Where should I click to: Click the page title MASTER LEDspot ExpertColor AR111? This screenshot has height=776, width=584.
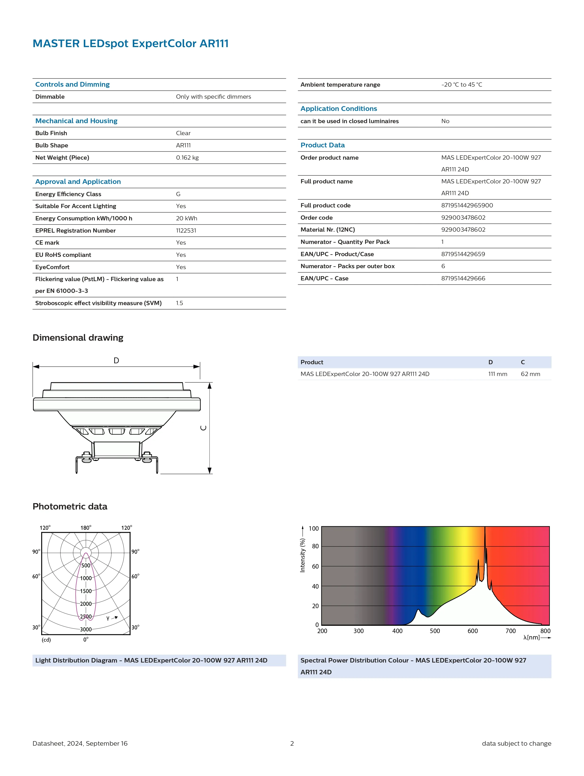(130, 44)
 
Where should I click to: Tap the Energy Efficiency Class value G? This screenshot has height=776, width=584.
(178, 194)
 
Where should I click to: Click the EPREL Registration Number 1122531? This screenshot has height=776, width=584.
(186, 230)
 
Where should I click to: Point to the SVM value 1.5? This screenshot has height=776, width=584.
(179, 303)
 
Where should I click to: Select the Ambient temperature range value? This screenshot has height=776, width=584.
(462, 85)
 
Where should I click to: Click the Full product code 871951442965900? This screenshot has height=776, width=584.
(467, 205)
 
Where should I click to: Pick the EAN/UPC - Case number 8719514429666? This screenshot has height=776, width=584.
(463, 278)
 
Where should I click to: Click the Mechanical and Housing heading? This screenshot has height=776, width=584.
(76, 121)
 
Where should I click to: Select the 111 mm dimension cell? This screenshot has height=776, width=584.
(497, 374)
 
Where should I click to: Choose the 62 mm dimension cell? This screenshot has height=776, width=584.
(530, 374)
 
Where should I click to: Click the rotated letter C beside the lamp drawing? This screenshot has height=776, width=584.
(203, 428)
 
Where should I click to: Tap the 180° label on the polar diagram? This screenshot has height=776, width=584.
(86, 528)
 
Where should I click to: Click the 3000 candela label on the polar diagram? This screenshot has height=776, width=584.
(86, 629)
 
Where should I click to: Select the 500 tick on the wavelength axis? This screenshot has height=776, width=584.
(435, 631)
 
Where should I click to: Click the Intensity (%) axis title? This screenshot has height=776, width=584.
(302, 555)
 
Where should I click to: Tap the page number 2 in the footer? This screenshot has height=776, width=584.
(292, 743)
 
